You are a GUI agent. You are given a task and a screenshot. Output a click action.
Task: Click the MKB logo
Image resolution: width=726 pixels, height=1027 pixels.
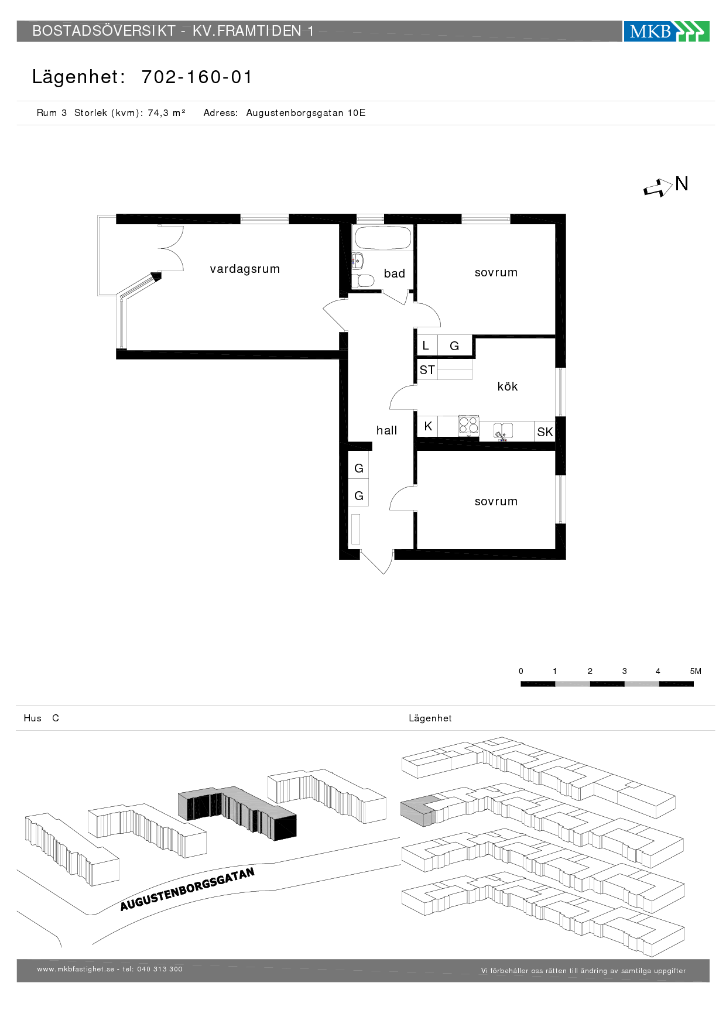666,31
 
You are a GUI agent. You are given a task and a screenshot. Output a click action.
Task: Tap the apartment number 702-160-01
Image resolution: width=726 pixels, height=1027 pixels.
197,77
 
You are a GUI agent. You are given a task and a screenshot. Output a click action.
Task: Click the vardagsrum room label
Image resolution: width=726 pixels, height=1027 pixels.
245,269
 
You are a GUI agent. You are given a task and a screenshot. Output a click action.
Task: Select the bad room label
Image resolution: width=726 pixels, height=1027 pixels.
394,273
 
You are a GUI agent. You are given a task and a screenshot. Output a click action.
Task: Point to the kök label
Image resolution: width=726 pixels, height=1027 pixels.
507,386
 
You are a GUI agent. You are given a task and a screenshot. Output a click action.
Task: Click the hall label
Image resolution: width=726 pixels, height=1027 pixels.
386,430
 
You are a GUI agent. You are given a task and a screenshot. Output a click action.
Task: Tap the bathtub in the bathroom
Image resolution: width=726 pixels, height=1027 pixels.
383,238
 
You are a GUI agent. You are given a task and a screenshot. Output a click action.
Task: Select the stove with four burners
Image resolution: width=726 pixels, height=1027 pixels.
468,425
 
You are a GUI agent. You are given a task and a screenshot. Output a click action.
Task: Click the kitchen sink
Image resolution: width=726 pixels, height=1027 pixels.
503,431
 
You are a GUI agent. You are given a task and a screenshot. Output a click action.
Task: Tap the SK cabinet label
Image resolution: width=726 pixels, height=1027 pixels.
544,432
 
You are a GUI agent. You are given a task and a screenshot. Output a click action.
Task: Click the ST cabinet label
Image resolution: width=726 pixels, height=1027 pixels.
427,370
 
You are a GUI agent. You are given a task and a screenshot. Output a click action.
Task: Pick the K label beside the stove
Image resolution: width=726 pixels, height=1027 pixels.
428,426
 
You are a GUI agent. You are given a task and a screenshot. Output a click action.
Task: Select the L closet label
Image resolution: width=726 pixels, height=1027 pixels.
426,345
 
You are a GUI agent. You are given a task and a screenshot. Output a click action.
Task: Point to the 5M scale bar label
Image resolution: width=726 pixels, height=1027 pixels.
696,671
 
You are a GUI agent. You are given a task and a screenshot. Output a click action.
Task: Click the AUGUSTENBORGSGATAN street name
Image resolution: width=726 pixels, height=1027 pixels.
187,889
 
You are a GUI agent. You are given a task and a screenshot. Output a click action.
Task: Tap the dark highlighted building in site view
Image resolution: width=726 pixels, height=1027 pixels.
237,813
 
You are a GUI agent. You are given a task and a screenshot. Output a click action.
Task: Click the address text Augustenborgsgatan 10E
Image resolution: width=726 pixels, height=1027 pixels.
306,113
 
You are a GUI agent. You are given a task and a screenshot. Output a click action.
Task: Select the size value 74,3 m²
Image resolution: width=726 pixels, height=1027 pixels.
166,113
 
